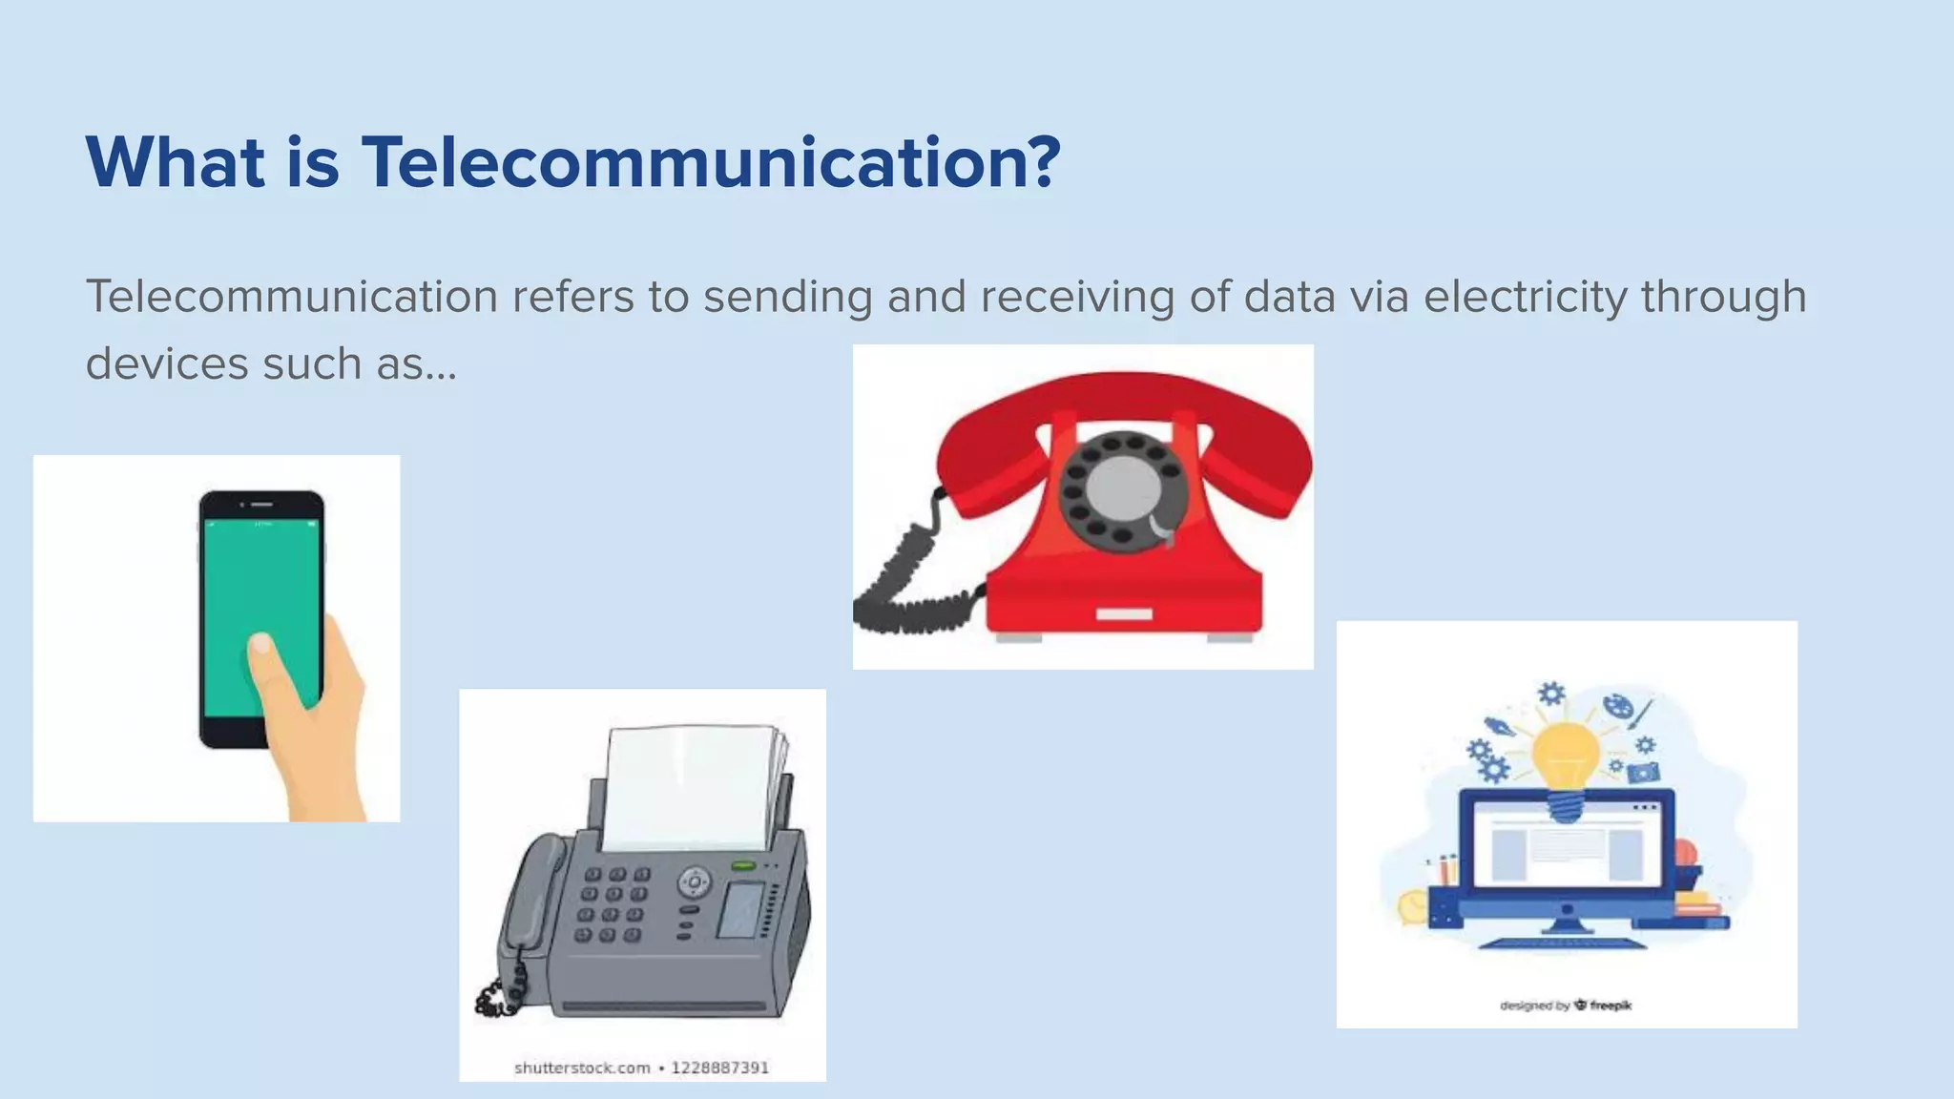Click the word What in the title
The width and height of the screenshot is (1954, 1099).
click(x=176, y=162)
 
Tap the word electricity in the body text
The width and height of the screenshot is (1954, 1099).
click(x=1525, y=296)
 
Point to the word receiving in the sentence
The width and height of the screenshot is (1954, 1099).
click(x=1077, y=296)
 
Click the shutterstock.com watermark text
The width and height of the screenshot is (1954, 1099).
click(x=582, y=1068)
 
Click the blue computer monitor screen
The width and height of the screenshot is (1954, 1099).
click(x=1566, y=844)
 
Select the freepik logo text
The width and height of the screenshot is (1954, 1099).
click(x=1611, y=1005)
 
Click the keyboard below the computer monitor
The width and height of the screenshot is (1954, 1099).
click(x=1565, y=943)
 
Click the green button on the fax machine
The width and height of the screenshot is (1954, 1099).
click(x=743, y=865)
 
